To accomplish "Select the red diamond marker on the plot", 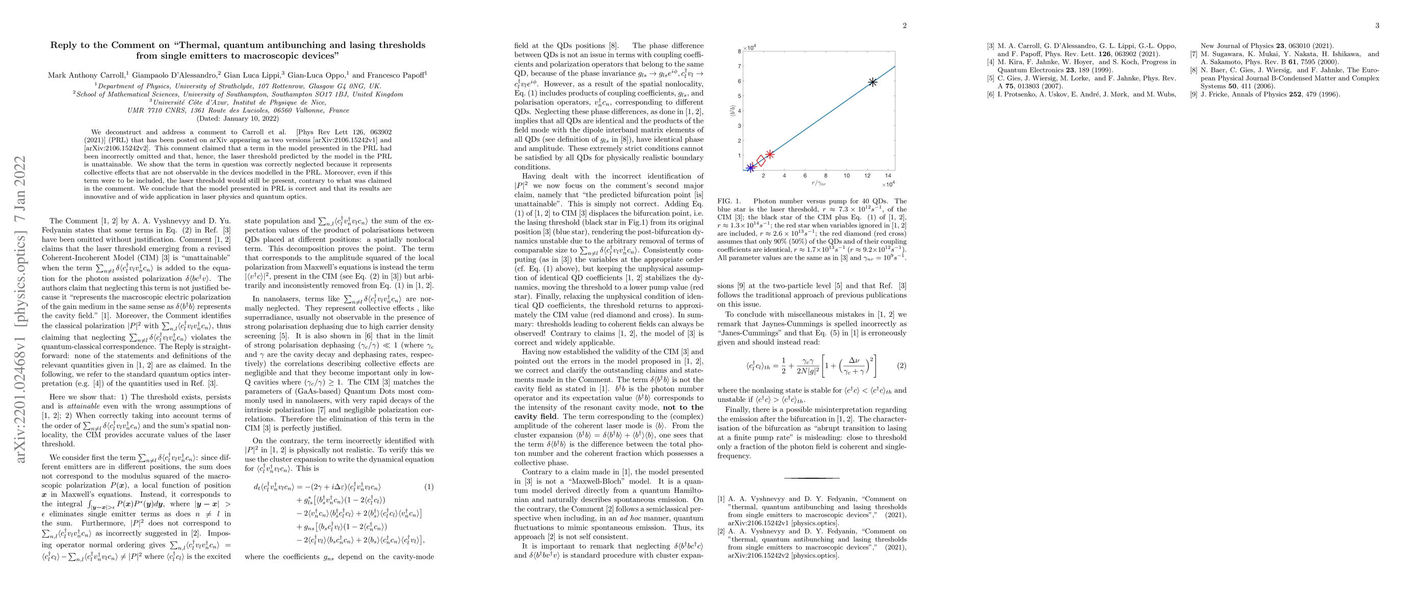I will pos(761,160).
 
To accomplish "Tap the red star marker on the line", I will pos(770,155).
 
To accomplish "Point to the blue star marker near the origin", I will pos(750,167).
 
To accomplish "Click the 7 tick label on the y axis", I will pos(739,66).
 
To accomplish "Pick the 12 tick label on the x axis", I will pos(867,176).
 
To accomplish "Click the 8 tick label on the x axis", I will pos(826,176).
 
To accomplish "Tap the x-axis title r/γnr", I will pos(818,183).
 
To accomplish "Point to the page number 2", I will pos(905,25).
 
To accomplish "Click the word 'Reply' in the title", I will pos(64,45).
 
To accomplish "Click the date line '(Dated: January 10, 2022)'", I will pos(238,118).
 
